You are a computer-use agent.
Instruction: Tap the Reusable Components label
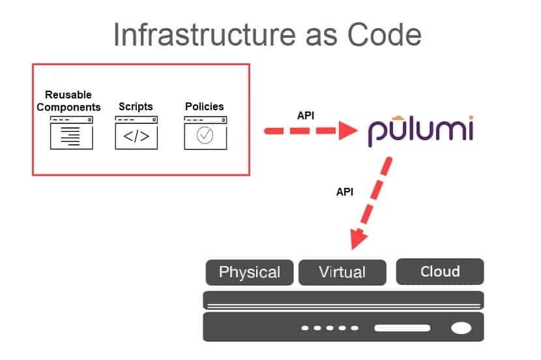[68, 101]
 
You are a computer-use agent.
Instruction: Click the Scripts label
[136, 106]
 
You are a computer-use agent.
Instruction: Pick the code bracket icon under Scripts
[136, 136]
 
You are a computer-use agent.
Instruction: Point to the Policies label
[204, 106]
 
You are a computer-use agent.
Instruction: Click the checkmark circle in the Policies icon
[205, 135]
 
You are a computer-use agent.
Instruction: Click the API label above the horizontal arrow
[306, 115]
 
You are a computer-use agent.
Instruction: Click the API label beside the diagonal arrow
[345, 192]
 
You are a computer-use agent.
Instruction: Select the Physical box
[250, 272]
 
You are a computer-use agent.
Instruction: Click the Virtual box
[342, 272]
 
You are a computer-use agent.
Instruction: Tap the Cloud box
[440, 271]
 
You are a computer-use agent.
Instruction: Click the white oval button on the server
[461, 327]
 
